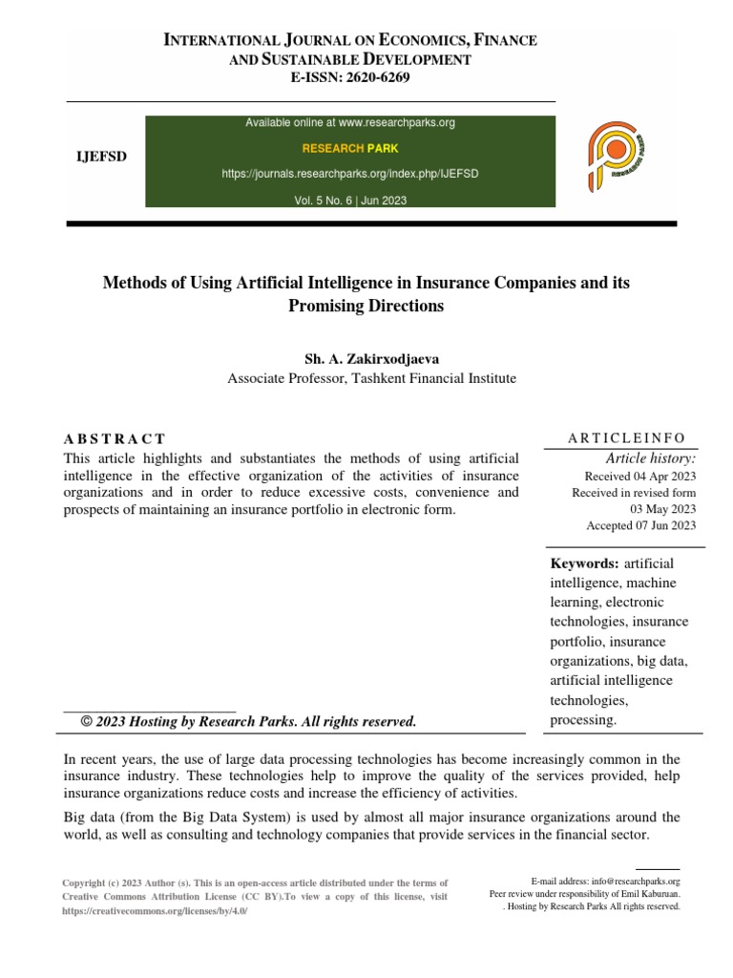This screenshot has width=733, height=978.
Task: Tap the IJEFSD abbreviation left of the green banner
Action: (101, 157)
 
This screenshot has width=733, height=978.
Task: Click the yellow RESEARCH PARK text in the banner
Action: (350, 149)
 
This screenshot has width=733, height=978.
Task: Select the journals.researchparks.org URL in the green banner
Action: (350, 175)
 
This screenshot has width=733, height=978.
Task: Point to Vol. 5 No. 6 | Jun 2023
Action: (350, 200)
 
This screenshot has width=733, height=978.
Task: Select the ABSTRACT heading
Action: (115, 438)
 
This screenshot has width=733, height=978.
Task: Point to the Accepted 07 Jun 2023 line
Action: (640, 525)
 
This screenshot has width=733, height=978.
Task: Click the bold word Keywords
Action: (584, 563)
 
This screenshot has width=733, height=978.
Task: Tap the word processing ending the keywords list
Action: (583, 719)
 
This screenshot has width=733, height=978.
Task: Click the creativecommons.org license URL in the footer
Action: (153, 911)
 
